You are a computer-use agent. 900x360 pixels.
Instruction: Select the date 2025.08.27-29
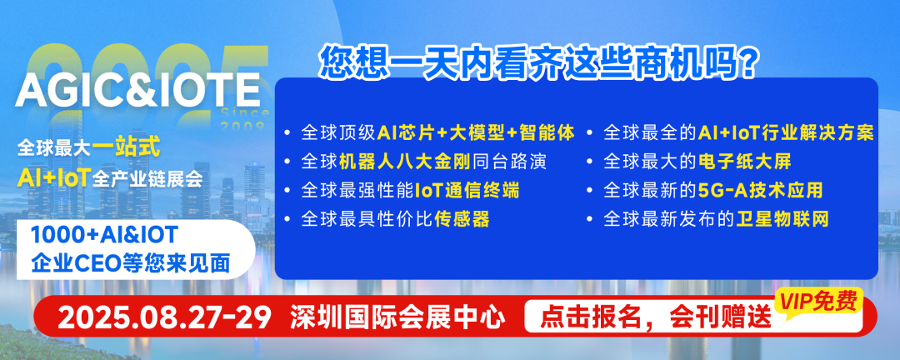point(165,317)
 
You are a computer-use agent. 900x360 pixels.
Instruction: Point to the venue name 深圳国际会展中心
point(398,317)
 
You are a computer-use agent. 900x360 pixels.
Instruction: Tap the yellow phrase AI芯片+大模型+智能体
point(476,132)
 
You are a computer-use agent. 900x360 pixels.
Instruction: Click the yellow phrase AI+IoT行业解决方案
point(785,132)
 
